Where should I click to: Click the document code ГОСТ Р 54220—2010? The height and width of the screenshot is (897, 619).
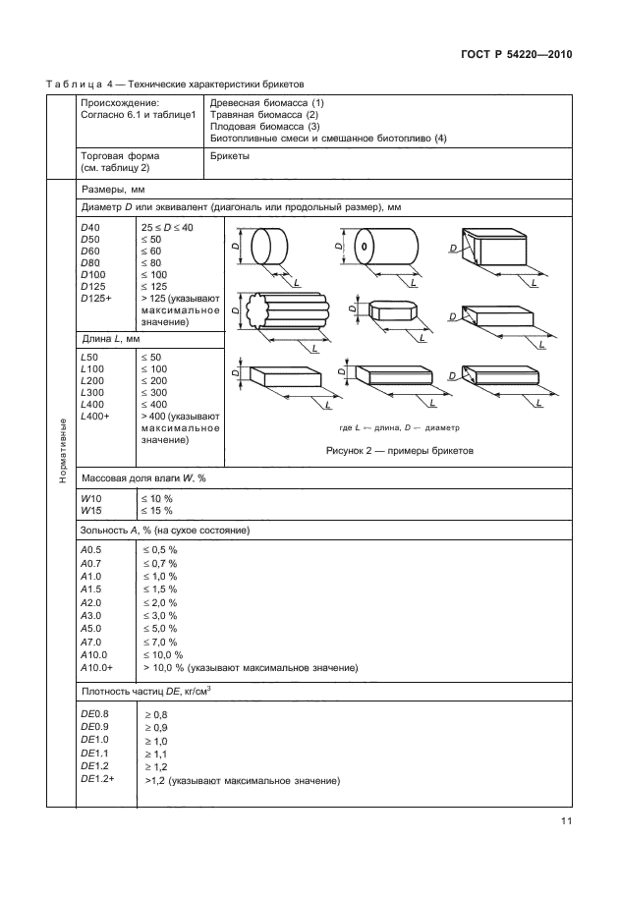(x=518, y=55)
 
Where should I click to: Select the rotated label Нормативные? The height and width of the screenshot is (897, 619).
(x=62, y=448)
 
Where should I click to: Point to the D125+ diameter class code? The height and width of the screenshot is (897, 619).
(x=94, y=297)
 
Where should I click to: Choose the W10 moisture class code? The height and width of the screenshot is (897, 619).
(x=90, y=499)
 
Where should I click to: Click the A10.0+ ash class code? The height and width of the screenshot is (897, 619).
(x=99, y=668)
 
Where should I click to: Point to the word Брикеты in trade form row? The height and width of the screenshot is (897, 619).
(x=230, y=155)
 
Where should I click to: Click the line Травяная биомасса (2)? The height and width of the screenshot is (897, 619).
(x=265, y=114)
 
